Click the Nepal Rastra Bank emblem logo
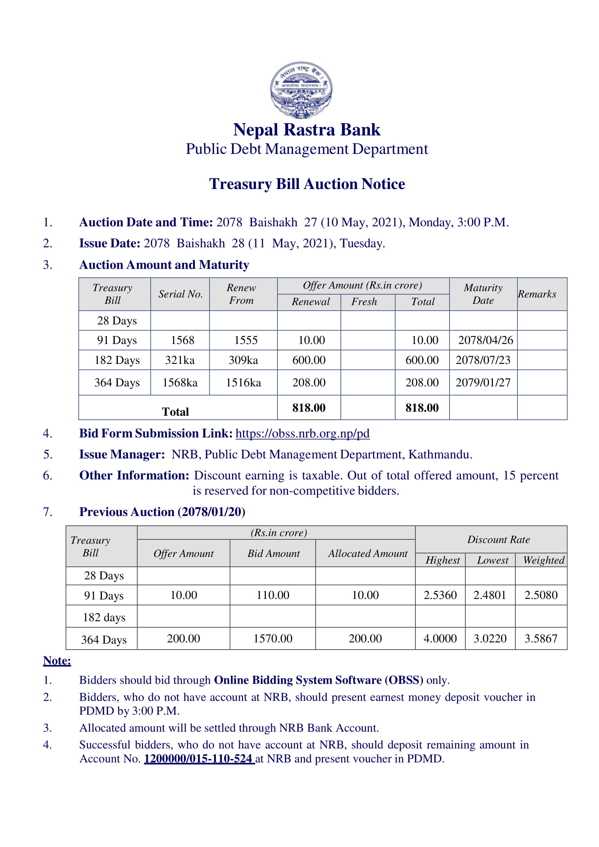point(301,90)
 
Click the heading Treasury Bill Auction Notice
point(307,184)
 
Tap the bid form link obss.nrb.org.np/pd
point(302,433)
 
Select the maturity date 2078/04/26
point(485,340)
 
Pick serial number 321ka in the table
point(180,360)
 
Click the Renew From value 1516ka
point(243,382)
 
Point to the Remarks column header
point(537,294)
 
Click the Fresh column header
point(364,302)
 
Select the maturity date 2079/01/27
point(483,382)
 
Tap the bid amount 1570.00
point(273,638)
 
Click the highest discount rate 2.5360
point(440,595)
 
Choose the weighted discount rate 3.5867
point(541,638)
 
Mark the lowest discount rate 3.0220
point(490,638)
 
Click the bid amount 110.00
point(273,595)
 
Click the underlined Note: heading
point(57,661)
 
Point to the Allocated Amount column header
point(368,553)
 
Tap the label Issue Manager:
point(122,454)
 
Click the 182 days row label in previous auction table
point(104,617)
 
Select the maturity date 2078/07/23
point(483,360)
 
